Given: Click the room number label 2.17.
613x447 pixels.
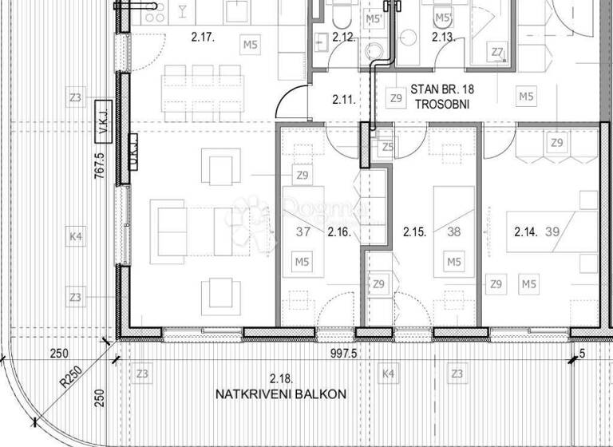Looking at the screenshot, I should tap(204, 36).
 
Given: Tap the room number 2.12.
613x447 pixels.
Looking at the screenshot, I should tap(343, 37).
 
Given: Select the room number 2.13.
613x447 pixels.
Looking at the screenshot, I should tap(443, 37).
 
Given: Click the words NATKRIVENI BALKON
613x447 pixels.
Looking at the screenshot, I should tap(280, 394).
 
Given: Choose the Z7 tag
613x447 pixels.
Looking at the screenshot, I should tap(497, 53).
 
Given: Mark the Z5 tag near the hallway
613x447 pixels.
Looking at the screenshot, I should tap(388, 147).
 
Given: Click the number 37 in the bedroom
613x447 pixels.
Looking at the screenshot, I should tap(303, 232).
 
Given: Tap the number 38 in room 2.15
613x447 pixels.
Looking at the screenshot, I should tap(455, 232).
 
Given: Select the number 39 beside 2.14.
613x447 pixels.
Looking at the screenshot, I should tap(551, 232).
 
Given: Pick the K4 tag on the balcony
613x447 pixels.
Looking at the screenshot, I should tap(389, 373).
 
